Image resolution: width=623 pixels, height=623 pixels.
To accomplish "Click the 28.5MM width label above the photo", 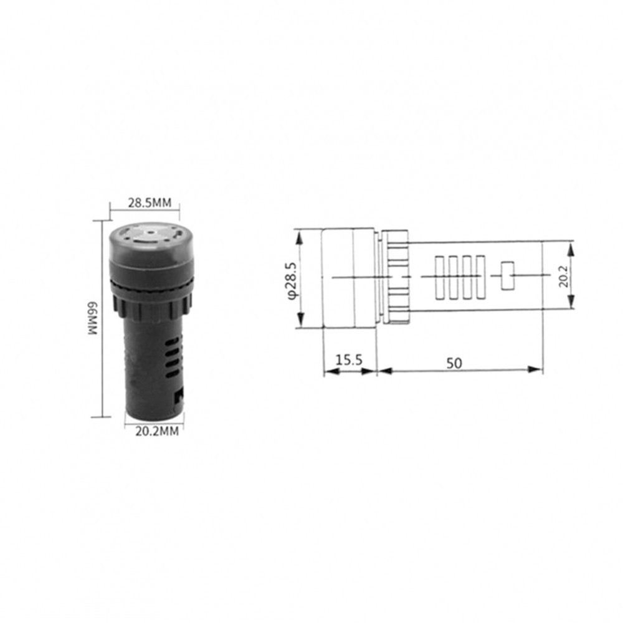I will [150, 202].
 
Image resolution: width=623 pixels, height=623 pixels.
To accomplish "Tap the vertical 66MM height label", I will [93, 318].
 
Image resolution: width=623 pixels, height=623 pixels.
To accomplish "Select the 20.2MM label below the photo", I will [157, 431].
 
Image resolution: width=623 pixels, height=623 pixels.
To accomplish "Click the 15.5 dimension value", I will [349, 361].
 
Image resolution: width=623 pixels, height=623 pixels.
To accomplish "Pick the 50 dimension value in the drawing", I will [454, 363].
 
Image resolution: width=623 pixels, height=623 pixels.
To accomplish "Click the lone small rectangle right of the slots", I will [508, 276].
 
